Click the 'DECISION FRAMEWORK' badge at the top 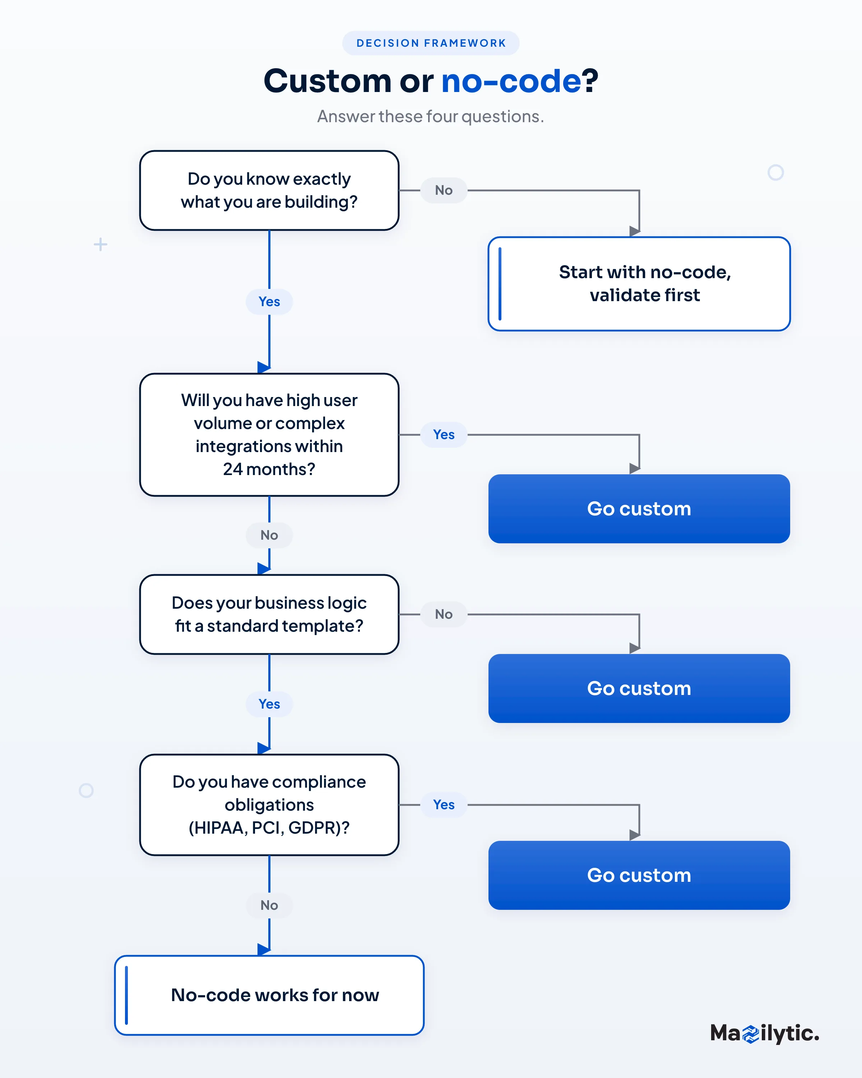click(431, 43)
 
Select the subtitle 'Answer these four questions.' click(431, 116)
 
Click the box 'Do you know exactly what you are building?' click(269, 190)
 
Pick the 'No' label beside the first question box click(444, 190)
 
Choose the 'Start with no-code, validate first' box click(639, 284)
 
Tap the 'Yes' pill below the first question click(269, 301)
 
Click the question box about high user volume click(269, 434)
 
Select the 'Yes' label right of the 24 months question click(444, 434)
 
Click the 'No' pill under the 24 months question click(269, 535)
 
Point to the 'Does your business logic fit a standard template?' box click(269, 614)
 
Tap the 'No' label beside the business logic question click(444, 614)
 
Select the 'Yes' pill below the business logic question click(269, 704)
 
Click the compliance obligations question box click(269, 805)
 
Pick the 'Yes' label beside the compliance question click(444, 805)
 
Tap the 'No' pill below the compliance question click(269, 905)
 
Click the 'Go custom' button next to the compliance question click(639, 875)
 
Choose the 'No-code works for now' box click(269, 995)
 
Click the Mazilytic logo click(765, 1033)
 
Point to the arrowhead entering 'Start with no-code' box click(635, 231)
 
